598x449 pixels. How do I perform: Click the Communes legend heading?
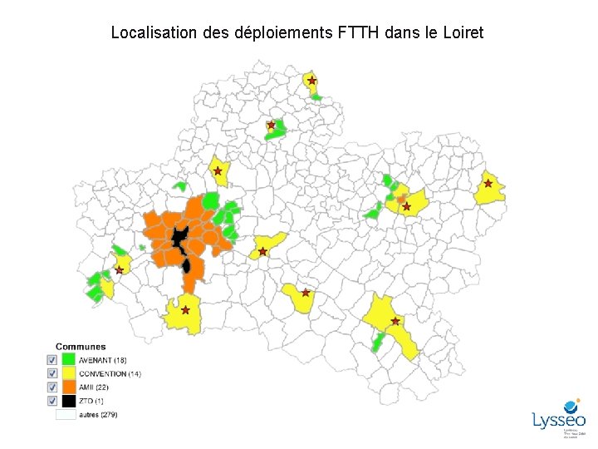point(81,347)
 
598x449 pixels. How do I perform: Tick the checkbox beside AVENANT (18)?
point(51,360)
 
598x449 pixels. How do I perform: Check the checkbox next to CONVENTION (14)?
point(51,373)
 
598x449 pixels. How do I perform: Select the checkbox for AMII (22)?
point(51,387)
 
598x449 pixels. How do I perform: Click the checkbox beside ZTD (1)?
point(51,400)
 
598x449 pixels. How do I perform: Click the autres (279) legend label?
point(98,414)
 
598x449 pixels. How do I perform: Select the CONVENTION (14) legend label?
point(110,374)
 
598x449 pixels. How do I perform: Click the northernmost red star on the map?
point(311,81)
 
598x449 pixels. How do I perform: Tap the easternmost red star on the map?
point(488,183)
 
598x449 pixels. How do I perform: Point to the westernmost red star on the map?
point(120,270)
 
